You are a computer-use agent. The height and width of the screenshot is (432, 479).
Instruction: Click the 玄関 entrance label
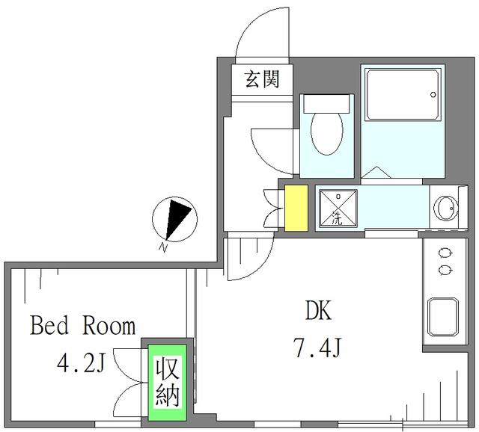click(x=263, y=79)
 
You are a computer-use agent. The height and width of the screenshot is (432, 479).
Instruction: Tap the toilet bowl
click(x=327, y=133)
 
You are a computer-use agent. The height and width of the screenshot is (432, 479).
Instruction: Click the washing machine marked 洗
click(x=338, y=209)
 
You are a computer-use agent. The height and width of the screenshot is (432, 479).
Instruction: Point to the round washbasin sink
click(x=446, y=208)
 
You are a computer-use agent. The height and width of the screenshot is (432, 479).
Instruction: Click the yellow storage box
click(x=296, y=208)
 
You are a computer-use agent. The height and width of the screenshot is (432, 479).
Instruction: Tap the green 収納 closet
click(x=168, y=383)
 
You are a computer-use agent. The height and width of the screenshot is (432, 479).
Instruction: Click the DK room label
click(x=318, y=310)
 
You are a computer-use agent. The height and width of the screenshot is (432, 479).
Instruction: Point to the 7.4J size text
click(x=317, y=348)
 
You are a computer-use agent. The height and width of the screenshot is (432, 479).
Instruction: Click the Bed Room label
click(x=83, y=326)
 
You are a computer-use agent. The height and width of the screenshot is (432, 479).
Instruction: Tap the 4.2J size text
click(x=81, y=363)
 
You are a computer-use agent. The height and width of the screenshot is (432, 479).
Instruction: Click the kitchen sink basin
click(x=443, y=317)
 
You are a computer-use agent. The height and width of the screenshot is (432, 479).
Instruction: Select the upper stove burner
click(x=445, y=253)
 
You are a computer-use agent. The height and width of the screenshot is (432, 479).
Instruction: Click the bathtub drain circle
click(x=433, y=95)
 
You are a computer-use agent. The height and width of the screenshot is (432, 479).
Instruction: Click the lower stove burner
click(x=445, y=270)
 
